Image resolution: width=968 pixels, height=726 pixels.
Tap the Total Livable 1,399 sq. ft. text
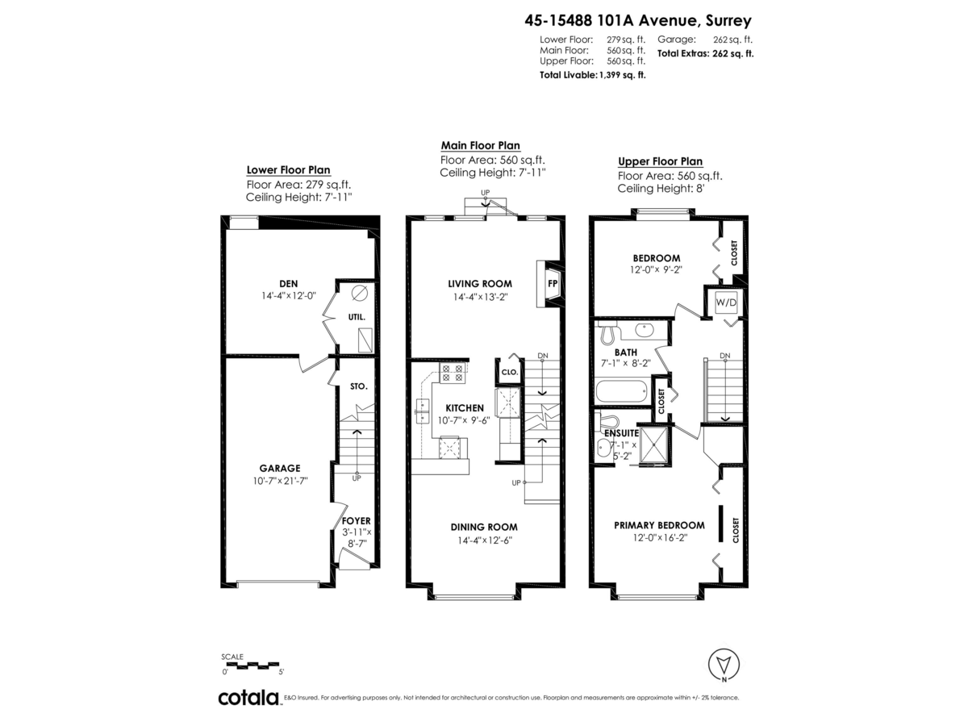[x=592, y=74]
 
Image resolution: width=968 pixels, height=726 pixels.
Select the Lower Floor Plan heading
[x=288, y=169]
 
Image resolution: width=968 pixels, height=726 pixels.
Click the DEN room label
[x=288, y=283]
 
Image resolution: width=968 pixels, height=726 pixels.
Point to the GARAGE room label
[x=279, y=468]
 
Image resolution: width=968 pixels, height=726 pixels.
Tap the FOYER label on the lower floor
[x=357, y=521]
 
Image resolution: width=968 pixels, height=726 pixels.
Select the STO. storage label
[x=359, y=386]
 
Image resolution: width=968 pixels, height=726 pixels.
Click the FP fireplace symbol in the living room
[x=553, y=284]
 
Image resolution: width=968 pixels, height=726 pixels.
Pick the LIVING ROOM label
[x=481, y=283]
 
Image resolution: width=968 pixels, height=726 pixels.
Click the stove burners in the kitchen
[x=451, y=373]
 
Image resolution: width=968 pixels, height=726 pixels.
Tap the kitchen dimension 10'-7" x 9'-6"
[x=463, y=419]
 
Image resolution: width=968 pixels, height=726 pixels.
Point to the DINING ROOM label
[x=484, y=527]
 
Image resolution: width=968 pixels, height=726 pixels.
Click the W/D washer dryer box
[x=726, y=302]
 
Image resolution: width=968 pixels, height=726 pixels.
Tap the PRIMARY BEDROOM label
[x=659, y=524]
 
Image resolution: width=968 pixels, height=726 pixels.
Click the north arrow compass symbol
[x=723, y=665]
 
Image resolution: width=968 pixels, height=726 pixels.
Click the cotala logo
[x=248, y=697]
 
